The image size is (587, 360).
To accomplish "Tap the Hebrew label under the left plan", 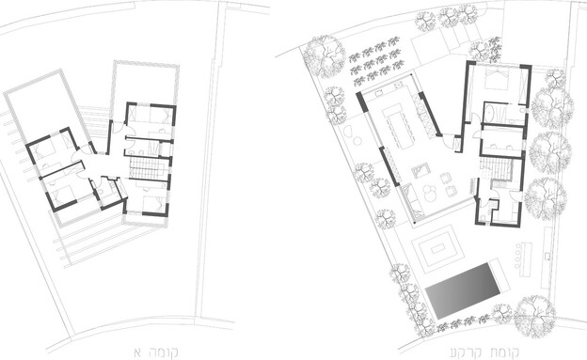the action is [156, 352].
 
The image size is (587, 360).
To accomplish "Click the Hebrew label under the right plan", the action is [484, 352].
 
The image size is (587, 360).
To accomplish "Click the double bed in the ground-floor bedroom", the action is [497, 79].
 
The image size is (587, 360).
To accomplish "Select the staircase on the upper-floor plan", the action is [147, 168].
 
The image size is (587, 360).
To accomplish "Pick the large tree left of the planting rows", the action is [323, 56].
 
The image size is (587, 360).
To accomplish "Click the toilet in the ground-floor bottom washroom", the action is [484, 218].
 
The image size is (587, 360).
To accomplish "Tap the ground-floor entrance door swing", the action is [449, 140].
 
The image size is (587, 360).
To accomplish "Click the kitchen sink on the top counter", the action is [399, 86].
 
